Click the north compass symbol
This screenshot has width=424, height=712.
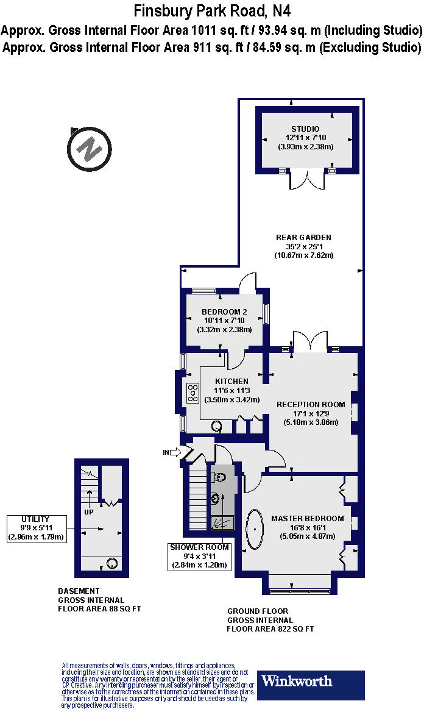[x=90, y=149]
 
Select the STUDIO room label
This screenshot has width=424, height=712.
[x=305, y=129]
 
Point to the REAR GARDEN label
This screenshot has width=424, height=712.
[x=303, y=237]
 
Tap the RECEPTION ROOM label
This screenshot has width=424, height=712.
[x=311, y=404]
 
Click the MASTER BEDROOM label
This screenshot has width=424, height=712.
[x=307, y=519]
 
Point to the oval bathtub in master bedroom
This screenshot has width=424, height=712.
[x=254, y=530]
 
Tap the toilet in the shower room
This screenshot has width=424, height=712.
[x=220, y=477]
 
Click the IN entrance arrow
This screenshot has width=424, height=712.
[x=173, y=452]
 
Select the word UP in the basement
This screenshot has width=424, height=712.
[x=89, y=512]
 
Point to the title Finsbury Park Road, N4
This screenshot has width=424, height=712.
[x=211, y=10]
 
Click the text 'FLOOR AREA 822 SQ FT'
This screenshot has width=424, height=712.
[x=270, y=628]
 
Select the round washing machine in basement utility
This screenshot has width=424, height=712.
[x=112, y=563]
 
